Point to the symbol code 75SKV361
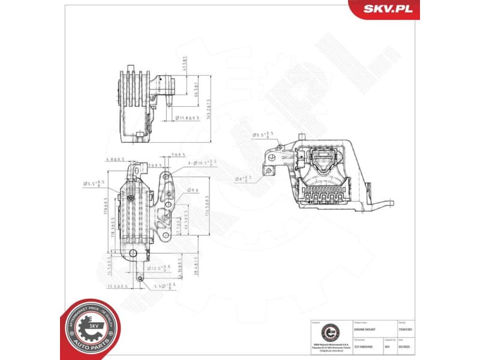click(x=406, y=329)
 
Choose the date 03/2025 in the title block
click(x=406, y=346)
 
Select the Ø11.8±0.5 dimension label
click(x=186, y=118)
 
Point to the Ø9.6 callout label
click(x=193, y=190)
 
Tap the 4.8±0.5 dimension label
click(x=114, y=160)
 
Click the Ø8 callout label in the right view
click(x=246, y=179)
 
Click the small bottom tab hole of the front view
click(x=140, y=278)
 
